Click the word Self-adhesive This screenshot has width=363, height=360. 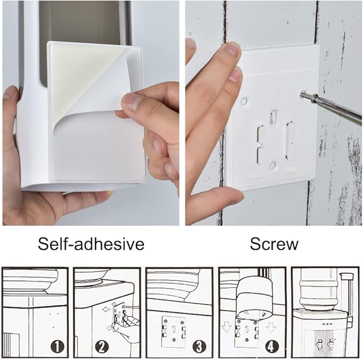coord(91,244)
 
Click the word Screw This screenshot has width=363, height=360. coord(274,244)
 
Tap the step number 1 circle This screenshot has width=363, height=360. coord(57,347)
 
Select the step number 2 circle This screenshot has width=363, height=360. coord(102,347)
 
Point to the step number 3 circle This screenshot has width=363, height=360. coord(199,347)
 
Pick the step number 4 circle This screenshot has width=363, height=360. coord(272,347)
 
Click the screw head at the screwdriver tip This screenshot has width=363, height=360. coord(305,95)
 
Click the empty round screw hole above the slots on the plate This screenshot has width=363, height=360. coord(244,101)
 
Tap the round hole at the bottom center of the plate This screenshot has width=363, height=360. coord(273,165)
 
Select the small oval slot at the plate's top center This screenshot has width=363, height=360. coord(274,117)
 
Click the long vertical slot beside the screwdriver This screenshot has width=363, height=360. coord(290,140)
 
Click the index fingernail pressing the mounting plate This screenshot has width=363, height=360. coord(232,49)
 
